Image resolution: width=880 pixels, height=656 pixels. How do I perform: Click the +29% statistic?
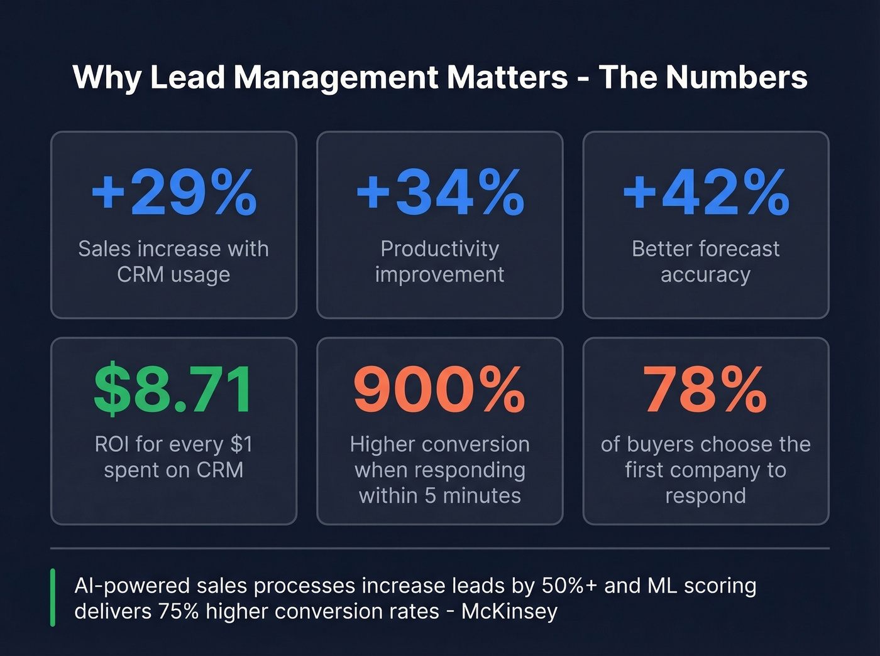174,192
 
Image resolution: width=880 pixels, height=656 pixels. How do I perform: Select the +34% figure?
440,192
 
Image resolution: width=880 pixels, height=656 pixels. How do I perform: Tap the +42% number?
706,192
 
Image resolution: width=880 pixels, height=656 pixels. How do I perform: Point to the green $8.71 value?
173,389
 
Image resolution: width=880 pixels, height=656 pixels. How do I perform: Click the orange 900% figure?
439,389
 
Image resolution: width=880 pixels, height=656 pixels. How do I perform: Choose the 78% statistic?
705,389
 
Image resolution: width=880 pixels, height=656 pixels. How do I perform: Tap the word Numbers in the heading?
736,78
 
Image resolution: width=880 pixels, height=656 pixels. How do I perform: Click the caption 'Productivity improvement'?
439,262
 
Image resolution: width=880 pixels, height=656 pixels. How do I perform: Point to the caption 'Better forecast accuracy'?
705,262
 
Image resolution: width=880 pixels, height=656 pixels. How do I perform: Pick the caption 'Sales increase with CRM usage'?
173,262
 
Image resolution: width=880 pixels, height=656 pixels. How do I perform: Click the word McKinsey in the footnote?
509,611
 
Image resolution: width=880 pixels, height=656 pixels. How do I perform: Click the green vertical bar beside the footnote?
53,598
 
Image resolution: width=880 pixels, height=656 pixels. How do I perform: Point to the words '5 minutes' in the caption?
473,496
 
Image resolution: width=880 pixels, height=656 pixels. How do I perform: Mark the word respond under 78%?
705,496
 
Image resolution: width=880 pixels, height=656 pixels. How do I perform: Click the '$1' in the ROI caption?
241,444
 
